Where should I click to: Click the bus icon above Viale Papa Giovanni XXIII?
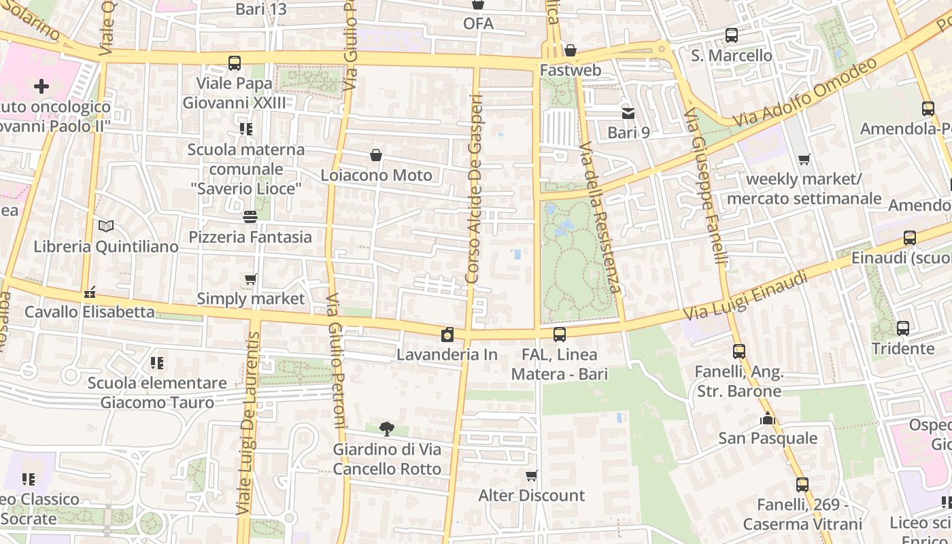235,63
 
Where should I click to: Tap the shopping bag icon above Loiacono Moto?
376,156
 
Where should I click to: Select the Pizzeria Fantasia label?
250,237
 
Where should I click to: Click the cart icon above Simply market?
250,279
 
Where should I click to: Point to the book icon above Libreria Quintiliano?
105,226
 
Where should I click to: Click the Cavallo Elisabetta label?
90,312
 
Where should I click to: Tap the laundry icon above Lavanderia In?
447,335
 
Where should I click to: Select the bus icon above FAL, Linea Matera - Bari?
560,335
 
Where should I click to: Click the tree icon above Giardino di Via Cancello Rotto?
386,429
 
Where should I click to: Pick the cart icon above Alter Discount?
532,475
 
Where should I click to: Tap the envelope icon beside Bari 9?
628,114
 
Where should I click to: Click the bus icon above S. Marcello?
732,35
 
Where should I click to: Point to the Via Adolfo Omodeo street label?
806,92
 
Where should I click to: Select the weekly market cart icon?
804,160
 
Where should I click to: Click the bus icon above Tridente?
903,328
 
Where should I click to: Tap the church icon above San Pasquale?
768,418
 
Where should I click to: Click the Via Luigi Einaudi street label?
746,296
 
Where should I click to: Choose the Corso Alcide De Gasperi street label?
475,189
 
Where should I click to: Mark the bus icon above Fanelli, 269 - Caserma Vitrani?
802,485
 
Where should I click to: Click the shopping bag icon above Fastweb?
571,50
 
